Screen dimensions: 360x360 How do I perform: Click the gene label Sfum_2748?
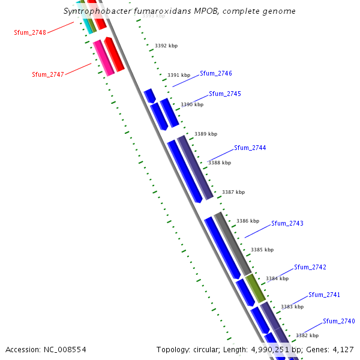pos(30,32)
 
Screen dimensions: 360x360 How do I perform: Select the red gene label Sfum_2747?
pos(48,74)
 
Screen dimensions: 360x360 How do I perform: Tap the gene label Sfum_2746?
pos(216,73)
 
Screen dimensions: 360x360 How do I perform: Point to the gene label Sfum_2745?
pos(225,94)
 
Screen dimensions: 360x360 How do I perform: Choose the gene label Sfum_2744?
pos(250,148)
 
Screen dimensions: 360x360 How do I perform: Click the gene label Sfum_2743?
pos(287,223)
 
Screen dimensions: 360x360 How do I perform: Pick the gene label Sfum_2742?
pos(310,267)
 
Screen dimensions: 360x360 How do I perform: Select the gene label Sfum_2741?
pos(325,295)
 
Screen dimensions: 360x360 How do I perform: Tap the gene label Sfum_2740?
pos(339,321)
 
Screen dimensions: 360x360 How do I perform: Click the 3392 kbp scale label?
pos(166,46)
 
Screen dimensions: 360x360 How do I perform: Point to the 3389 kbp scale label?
pos(206,134)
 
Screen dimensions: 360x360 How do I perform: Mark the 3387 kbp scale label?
pos(233,192)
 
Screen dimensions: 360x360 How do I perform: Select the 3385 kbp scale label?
pos(262,250)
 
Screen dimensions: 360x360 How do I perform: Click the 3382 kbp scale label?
pos(307,335)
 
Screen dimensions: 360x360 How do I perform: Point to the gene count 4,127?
pos(343,349)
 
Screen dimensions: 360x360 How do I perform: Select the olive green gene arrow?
pos(256,288)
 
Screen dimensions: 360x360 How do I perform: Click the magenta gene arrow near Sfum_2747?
pos(103,58)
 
